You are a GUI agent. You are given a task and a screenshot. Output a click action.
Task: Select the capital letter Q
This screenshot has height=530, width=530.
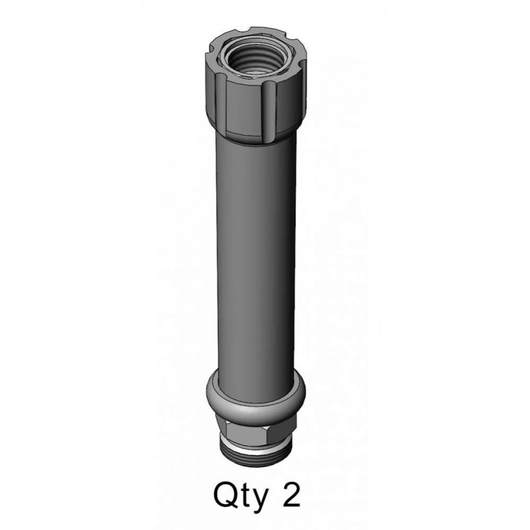(x=224, y=494)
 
